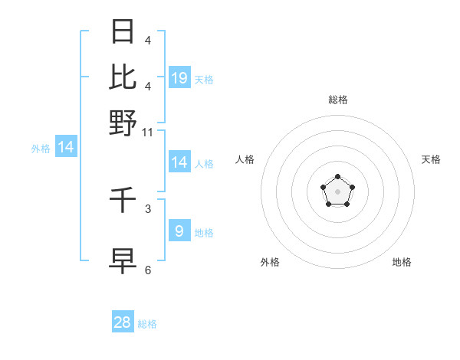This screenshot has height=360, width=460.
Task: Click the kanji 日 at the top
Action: pyautogui.click(x=123, y=32)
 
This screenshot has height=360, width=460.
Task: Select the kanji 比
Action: pyautogui.click(x=123, y=77)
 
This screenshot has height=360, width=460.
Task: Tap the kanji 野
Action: pyautogui.click(x=123, y=123)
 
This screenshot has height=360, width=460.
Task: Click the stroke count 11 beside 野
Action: pyautogui.click(x=148, y=133)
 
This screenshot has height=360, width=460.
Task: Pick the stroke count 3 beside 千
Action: pyautogui.click(x=148, y=208)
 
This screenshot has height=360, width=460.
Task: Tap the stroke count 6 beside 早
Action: pyautogui.click(x=148, y=270)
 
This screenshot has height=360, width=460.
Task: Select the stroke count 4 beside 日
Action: pyautogui.click(x=148, y=40)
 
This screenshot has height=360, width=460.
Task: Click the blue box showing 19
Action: pyautogui.click(x=179, y=77)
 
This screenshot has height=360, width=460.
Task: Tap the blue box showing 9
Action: pyautogui.click(x=179, y=231)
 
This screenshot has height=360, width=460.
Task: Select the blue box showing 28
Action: pyautogui.click(x=123, y=322)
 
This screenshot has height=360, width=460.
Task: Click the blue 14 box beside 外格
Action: pyautogui.click(x=66, y=147)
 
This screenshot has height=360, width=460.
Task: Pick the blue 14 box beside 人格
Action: pyautogui.click(x=179, y=162)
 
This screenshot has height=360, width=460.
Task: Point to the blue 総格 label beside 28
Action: pyautogui.click(x=147, y=324)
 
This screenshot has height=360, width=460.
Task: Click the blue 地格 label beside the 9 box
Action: pyautogui.click(x=204, y=232)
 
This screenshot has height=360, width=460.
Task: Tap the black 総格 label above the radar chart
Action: pyautogui.click(x=338, y=100)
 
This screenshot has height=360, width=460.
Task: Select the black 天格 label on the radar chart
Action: pyautogui.click(x=431, y=159)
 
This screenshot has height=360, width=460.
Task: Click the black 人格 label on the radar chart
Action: pyautogui.click(x=245, y=159)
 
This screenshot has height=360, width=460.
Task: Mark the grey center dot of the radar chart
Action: pyautogui.click(x=338, y=191)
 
